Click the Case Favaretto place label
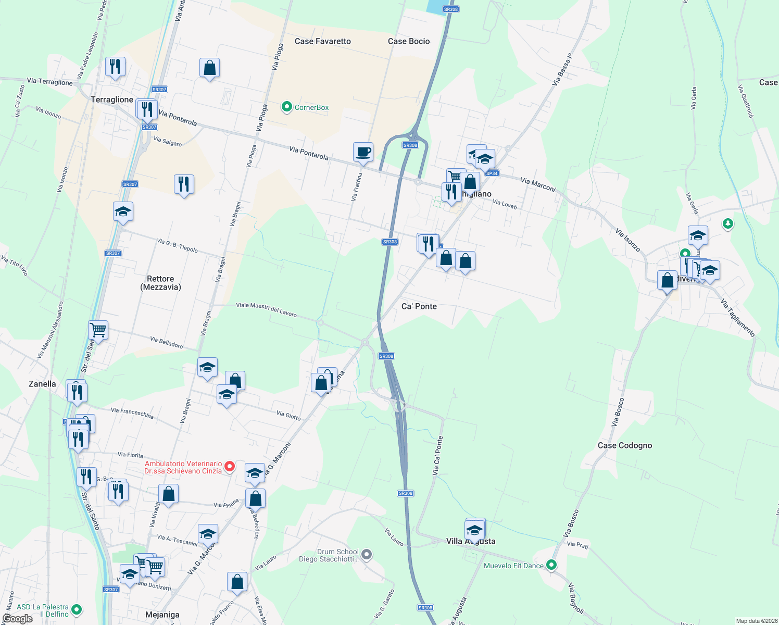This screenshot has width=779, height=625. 322,41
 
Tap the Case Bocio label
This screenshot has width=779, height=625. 409,41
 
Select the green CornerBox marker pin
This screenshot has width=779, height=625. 286,107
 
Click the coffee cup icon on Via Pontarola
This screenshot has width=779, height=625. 363,152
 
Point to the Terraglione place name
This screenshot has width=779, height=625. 112,99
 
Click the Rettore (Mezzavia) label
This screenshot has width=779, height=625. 160,283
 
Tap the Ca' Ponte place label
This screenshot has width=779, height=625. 419,306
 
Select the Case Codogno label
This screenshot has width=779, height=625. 625,445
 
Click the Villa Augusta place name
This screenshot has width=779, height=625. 471,541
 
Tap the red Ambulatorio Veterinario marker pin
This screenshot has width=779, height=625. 230,466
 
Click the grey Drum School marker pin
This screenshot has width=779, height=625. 367,554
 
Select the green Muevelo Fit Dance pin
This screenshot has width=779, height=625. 551,565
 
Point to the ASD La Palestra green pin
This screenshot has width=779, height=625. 77,609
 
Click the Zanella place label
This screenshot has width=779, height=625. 42,384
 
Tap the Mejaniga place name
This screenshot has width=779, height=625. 162,615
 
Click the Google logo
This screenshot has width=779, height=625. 17,618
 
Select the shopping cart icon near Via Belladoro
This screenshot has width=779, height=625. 98,330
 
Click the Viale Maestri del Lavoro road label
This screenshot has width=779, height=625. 266,309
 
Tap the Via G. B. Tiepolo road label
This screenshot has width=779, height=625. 178,245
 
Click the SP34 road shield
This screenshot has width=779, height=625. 492,173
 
